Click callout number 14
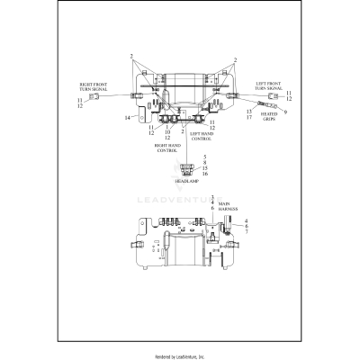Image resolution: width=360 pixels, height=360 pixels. coord(127,117)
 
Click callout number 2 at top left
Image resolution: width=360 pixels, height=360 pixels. coord(131,56)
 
